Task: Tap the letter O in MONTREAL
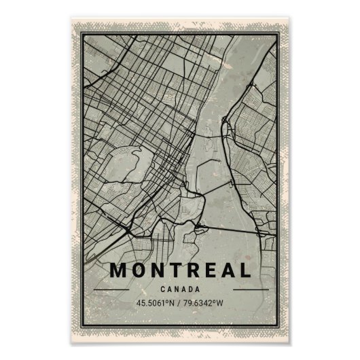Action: [x=140, y=270]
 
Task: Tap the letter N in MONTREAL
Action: [x=160, y=270]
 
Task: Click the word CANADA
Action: [x=180, y=289]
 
